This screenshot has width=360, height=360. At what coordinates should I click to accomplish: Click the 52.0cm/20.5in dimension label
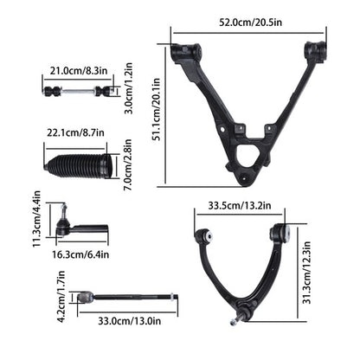coord(250,22)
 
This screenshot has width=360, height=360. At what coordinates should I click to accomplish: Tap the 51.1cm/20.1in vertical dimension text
coord(156,109)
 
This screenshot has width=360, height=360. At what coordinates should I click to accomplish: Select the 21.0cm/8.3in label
coord(79,70)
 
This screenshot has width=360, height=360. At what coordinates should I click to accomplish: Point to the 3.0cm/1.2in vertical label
coord(129,88)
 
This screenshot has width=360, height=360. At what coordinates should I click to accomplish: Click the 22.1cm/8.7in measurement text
coord(75,132)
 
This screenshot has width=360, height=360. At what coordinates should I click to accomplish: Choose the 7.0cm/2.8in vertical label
coord(127,164)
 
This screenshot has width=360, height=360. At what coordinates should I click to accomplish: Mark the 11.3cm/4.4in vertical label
coord(36,219)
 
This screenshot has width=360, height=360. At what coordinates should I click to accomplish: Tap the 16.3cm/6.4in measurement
coord(80,254)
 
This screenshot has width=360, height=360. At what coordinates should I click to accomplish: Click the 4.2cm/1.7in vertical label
coord(61,296)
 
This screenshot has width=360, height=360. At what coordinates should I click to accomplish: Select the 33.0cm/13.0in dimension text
coord(130,321)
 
